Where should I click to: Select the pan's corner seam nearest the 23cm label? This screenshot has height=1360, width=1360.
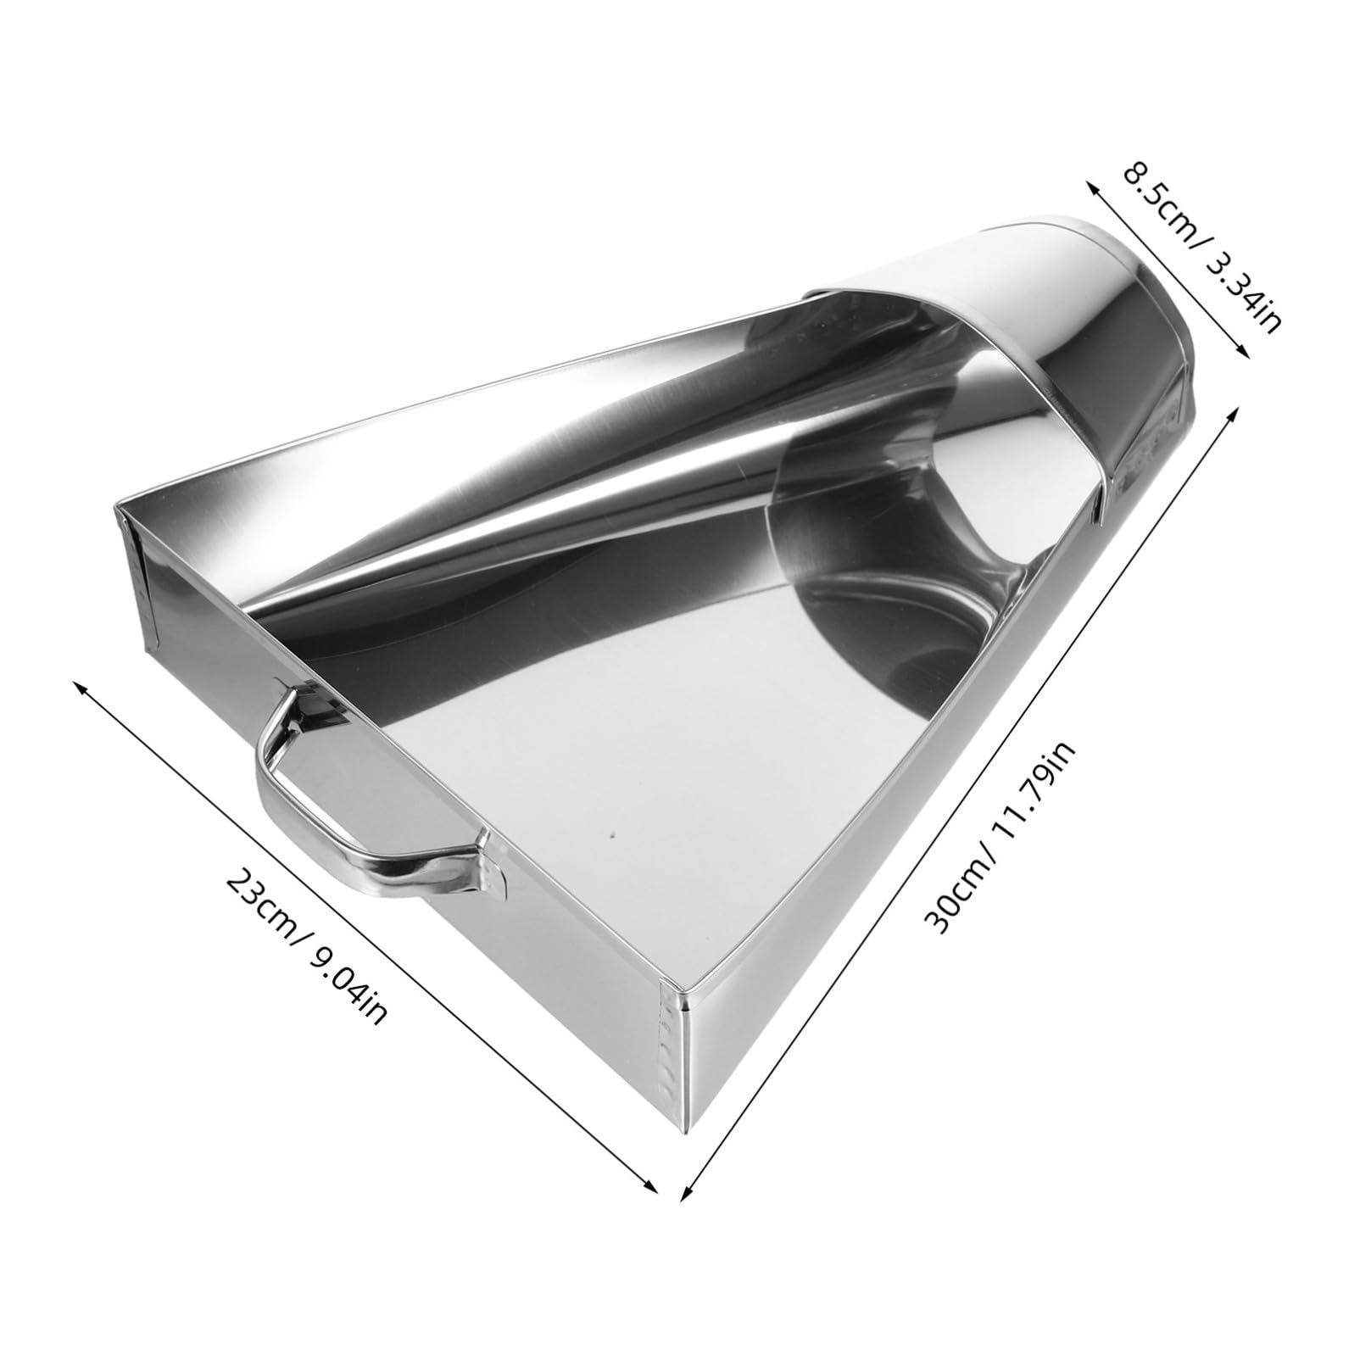(x=136, y=577)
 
